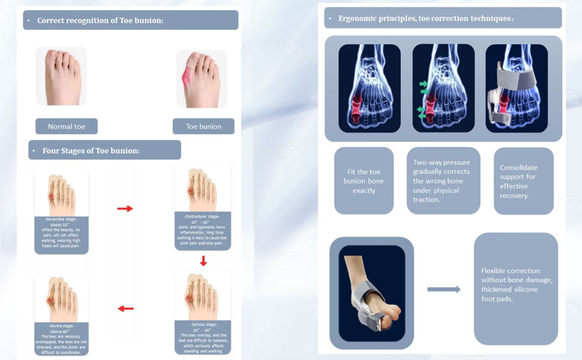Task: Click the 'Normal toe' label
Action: coord(66,127)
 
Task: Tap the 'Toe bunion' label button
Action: coord(203,127)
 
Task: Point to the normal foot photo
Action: coord(61,77)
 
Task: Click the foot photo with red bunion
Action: coord(202,79)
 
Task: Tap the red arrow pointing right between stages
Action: coord(125,208)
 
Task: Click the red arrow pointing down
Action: coord(203,261)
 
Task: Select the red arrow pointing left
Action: coord(125,308)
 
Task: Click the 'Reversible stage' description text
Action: coord(61,235)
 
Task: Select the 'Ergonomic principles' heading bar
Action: coord(443,18)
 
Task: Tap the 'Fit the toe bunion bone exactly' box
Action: coord(364,181)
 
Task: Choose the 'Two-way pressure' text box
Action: coord(443,181)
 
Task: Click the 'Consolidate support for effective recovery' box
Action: coord(523,181)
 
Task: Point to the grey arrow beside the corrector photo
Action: coord(444,289)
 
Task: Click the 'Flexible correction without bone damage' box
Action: coord(515,289)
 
